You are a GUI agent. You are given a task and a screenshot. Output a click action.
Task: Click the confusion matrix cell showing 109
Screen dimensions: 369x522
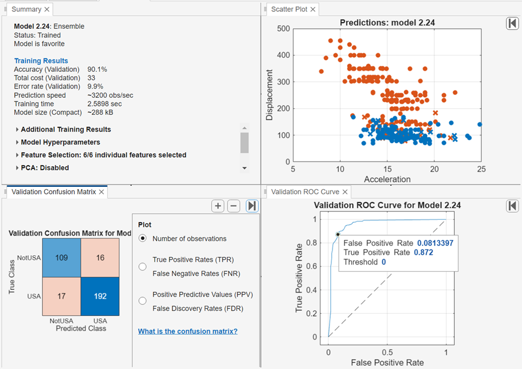pyautogui.click(x=61, y=258)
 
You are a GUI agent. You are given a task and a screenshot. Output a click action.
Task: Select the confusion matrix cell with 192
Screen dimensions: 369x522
pyautogui.click(x=100, y=296)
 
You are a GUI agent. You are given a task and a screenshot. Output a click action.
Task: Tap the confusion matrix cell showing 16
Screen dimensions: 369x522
pyautogui.click(x=100, y=258)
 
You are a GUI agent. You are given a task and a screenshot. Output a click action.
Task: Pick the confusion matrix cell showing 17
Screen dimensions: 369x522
pyautogui.click(x=61, y=296)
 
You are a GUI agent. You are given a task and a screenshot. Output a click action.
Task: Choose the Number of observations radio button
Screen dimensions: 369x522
pyautogui.click(x=142, y=239)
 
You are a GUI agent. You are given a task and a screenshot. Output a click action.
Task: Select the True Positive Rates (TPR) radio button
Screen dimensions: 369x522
pyautogui.click(x=142, y=266)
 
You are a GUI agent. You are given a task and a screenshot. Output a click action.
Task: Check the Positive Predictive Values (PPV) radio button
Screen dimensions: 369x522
pyautogui.click(x=142, y=301)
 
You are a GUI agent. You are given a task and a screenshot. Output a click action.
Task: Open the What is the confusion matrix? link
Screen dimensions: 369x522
pyautogui.click(x=188, y=331)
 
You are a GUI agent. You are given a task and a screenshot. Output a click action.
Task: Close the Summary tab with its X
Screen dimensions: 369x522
pyautogui.click(x=47, y=9)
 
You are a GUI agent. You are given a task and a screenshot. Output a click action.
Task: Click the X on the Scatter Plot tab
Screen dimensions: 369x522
pyautogui.click(x=313, y=9)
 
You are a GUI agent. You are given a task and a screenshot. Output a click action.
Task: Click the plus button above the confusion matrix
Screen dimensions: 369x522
pyautogui.click(x=218, y=206)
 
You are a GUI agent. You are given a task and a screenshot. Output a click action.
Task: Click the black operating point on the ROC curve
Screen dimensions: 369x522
pyautogui.click(x=338, y=235)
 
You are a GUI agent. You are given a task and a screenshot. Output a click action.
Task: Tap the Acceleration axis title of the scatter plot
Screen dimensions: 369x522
pyautogui.click(x=387, y=179)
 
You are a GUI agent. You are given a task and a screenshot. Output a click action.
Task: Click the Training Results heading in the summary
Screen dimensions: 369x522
pyautogui.click(x=41, y=61)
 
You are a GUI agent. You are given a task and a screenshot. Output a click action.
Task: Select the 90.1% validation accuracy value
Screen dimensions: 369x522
pyautogui.click(x=97, y=70)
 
